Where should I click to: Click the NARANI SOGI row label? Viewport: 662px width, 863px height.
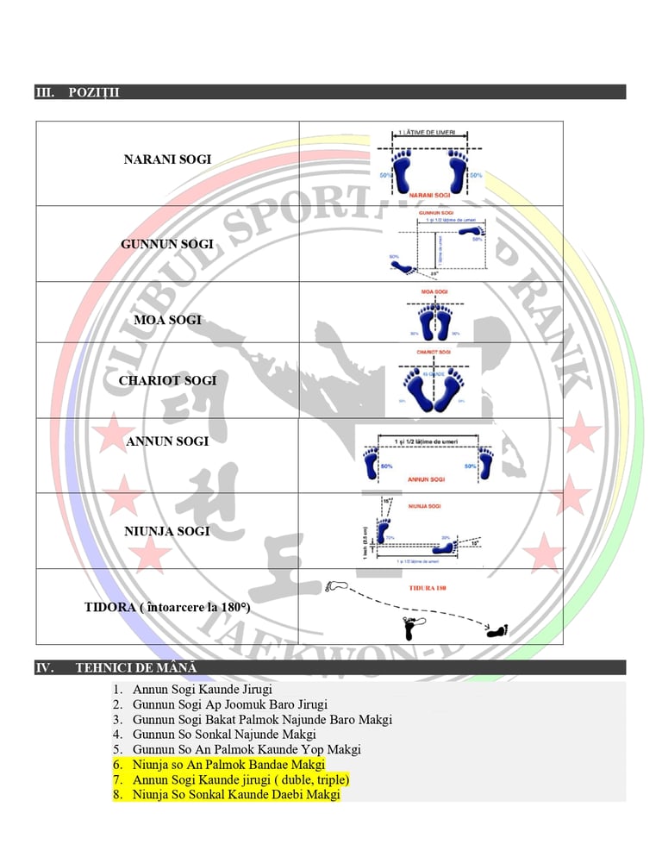[167, 159]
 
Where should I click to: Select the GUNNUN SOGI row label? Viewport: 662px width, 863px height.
[167, 244]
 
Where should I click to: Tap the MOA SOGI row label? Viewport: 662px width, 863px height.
[167, 320]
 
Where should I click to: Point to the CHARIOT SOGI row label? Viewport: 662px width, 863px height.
[167, 380]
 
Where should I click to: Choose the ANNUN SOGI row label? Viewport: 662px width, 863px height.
[167, 441]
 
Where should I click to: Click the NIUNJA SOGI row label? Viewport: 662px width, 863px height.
[167, 531]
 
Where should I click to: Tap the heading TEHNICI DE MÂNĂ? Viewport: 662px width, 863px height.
[136, 667]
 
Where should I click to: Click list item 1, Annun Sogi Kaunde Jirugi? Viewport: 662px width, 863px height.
[203, 690]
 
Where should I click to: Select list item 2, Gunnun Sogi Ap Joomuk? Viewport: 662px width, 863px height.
[230, 704]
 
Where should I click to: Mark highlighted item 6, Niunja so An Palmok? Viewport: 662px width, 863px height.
[228, 765]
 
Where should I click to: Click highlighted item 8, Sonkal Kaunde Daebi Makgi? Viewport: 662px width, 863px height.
[236, 795]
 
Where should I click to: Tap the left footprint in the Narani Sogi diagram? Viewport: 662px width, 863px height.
[403, 173]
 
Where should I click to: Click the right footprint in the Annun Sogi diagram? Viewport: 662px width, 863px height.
[485, 464]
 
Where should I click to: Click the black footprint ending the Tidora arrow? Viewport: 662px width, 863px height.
[497, 631]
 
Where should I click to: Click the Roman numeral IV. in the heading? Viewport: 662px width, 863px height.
[45, 667]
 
